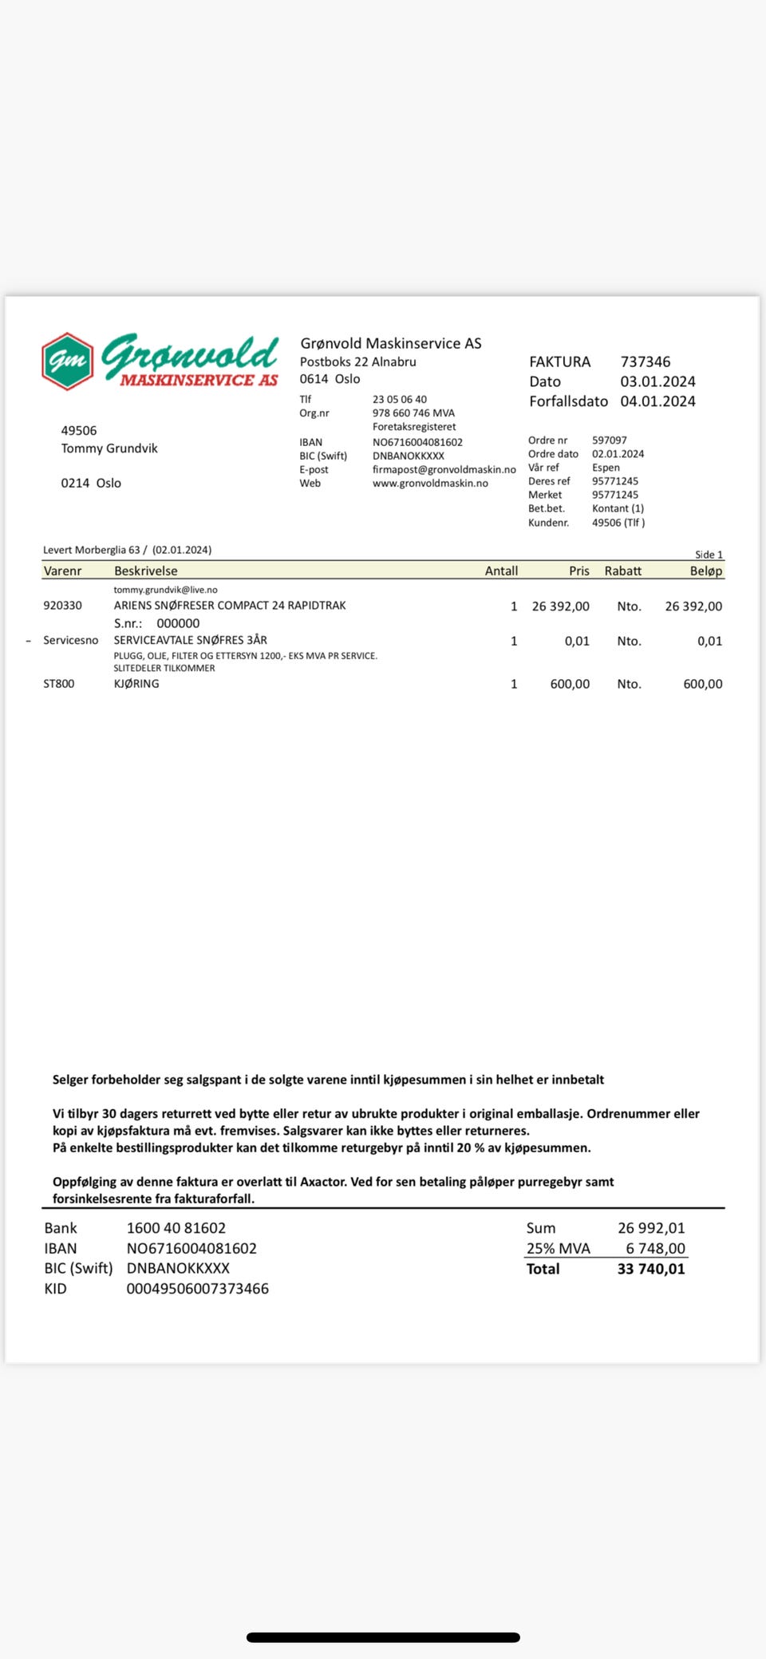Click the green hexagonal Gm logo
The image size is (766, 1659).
click(68, 361)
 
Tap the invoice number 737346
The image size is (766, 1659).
click(645, 361)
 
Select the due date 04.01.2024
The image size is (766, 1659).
click(657, 401)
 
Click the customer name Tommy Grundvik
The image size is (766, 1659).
click(109, 448)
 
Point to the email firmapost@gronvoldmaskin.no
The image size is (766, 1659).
click(444, 469)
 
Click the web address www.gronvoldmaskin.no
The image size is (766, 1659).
click(430, 483)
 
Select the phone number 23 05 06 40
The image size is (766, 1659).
click(399, 399)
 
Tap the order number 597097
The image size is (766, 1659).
click(609, 440)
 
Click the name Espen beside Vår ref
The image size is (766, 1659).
click(606, 468)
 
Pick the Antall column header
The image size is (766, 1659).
click(501, 571)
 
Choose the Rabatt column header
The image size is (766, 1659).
click(622, 571)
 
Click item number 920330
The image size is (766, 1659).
click(62, 606)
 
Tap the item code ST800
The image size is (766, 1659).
click(58, 684)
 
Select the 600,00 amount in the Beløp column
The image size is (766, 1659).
click(702, 684)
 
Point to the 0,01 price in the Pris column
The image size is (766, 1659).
click(576, 641)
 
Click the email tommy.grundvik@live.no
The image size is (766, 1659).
click(165, 590)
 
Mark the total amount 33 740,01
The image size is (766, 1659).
click(650, 1269)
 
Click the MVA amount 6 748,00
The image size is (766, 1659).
click(655, 1248)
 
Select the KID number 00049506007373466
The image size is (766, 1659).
click(197, 1289)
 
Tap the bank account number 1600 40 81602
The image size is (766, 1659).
click(176, 1228)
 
